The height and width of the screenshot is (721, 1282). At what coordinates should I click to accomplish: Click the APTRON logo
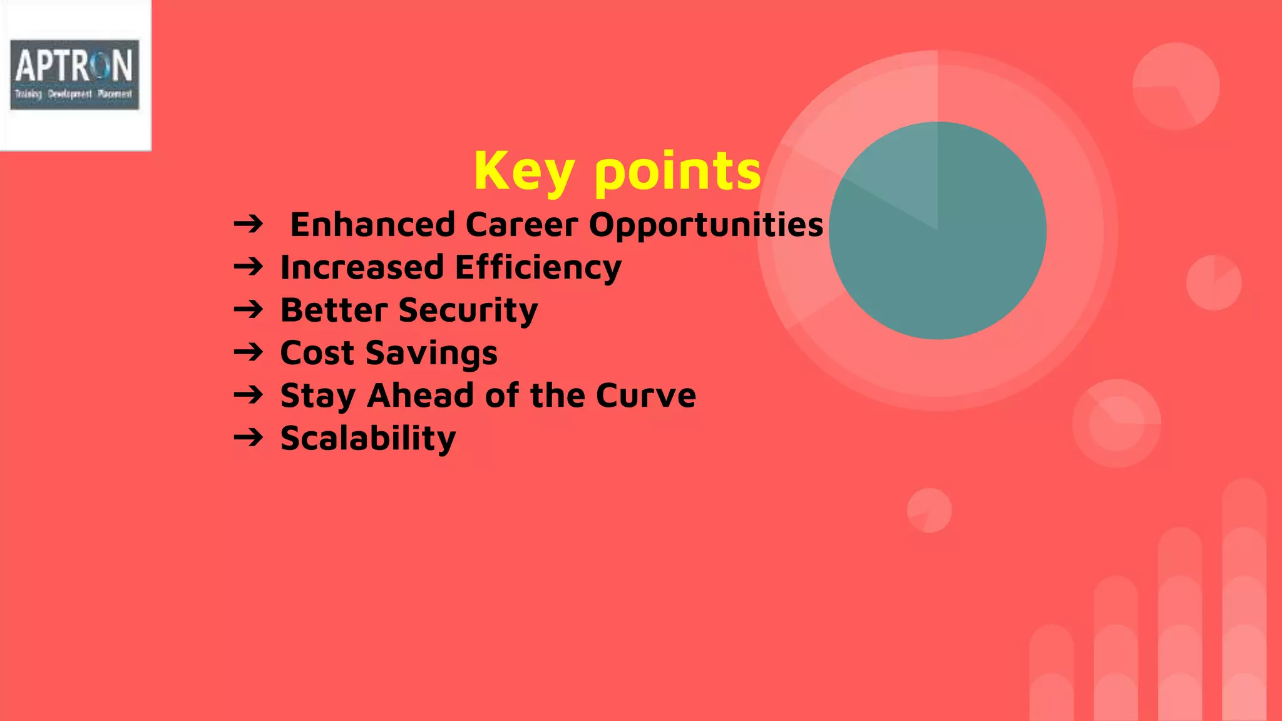point(74,74)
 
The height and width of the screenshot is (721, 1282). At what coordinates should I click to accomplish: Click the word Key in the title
point(523,171)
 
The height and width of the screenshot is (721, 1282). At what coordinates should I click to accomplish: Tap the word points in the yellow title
point(677,171)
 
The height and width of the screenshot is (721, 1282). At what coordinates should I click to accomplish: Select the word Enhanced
point(372,225)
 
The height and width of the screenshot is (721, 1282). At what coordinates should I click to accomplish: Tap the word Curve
point(645,396)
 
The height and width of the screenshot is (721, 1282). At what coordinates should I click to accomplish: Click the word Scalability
point(368,438)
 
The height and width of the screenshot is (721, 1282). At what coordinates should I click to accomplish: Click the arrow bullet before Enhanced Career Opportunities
point(249,224)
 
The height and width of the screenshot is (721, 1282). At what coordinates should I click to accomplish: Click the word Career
point(521,225)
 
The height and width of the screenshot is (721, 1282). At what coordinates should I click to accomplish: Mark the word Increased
point(362,268)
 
